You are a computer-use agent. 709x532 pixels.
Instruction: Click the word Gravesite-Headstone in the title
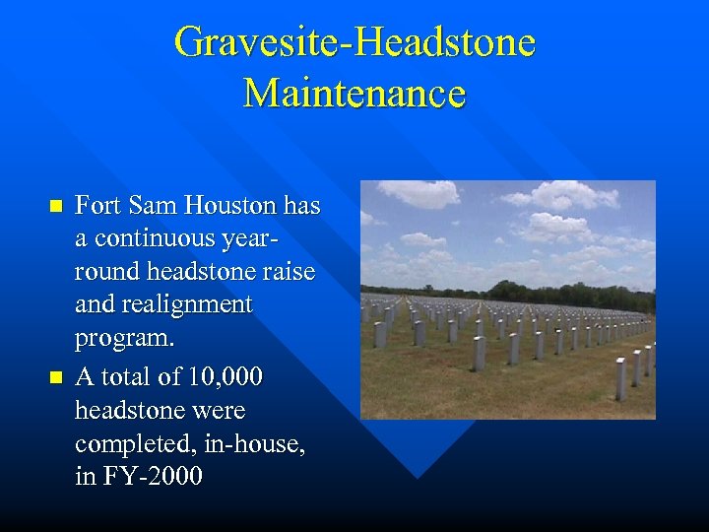354,42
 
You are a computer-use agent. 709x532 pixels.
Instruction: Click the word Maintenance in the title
354,94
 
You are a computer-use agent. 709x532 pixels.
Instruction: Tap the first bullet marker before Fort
55,206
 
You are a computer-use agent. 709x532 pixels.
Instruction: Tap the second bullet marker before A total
55,376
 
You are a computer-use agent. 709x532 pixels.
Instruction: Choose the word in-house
254,444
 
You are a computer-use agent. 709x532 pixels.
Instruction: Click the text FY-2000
151,478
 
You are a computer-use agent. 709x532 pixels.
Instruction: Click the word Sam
150,206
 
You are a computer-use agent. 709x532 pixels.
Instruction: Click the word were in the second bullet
218,410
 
